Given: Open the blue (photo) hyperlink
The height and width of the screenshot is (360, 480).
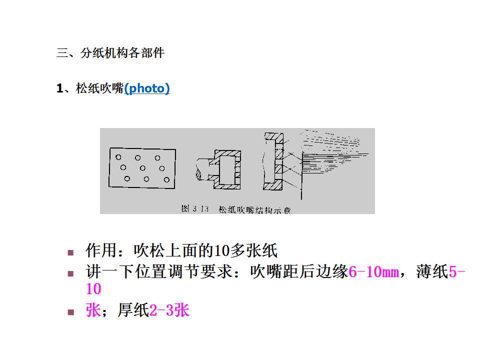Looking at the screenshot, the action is coord(146,89).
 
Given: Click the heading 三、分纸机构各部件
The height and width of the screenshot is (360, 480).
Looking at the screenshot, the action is coord(110,53).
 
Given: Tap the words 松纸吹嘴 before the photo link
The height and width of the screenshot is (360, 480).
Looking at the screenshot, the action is coord(99,89).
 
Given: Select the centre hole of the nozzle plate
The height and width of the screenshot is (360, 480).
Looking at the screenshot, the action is coord(142,168).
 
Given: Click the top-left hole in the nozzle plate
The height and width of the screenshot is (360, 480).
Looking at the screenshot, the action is coord(118,157).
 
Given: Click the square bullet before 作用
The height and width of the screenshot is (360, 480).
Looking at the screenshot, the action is coord(70,252).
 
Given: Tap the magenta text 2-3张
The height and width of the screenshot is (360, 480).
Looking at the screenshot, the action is coord(169,310).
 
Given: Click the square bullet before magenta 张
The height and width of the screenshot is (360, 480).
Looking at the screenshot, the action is coord(70,312).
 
